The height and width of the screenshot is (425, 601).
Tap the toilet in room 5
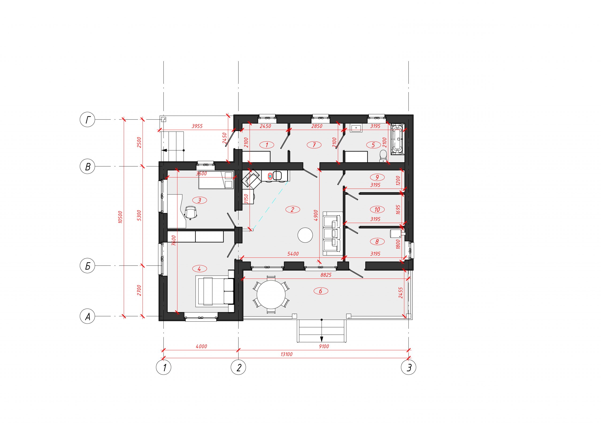coord(383,155)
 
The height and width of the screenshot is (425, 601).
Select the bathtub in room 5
coord(397,139)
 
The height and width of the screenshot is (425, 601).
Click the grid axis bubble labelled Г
coord(87,120)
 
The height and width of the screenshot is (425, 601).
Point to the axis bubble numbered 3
coord(408,367)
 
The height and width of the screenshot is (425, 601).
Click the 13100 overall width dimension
coord(286,354)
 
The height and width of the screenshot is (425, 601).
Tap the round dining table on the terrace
coord(271,295)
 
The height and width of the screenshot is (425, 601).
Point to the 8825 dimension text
coord(326,275)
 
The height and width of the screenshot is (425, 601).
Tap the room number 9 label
coord(377,177)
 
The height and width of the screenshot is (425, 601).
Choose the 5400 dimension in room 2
coord(293,254)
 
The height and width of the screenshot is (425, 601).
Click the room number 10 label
coord(377,209)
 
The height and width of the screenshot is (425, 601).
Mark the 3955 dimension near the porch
coord(197,126)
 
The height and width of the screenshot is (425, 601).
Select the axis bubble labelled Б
coord(87,266)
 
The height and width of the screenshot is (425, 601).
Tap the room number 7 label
coord(314,145)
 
